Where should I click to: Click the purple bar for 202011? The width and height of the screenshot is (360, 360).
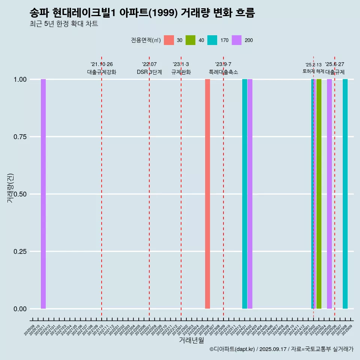coord(43,194)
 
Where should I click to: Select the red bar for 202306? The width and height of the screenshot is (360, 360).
coord(207,194)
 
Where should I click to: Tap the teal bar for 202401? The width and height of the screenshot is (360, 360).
coord(244,194)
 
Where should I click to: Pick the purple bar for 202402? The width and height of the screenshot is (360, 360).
coord(250,194)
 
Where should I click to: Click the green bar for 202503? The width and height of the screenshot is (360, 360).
coord(319,194)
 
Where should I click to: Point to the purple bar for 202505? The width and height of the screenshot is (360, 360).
coord(329,194)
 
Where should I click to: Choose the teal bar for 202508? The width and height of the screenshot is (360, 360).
coord(345,194)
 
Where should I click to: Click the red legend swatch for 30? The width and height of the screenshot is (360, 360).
coord(169,40)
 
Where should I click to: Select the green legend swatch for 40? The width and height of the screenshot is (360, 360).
coord(190,40)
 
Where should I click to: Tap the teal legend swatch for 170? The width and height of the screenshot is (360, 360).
coord(212,40)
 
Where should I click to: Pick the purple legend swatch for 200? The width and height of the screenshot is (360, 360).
coord(237,40)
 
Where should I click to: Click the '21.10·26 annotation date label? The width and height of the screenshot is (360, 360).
coord(102,64)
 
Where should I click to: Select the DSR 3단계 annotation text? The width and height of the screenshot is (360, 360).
coord(149,72)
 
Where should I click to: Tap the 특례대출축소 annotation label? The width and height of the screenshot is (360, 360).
coord(223,72)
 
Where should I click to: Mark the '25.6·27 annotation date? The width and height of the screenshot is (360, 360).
coord(334,64)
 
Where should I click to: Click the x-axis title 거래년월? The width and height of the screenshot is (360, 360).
coord(191,340)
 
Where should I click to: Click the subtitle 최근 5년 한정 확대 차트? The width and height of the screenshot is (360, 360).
coord(64,24)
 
